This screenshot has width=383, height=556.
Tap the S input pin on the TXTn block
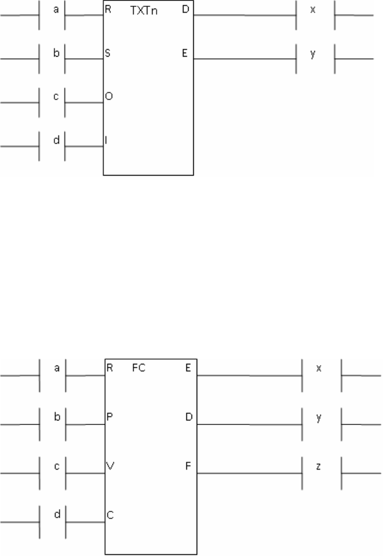[x=107, y=53]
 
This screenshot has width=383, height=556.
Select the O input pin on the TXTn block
[x=108, y=97]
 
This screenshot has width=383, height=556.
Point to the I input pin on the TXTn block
[x=106, y=140]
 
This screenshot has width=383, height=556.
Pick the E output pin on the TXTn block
[x=186, y=53]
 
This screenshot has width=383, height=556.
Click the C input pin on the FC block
[x=110, y=515]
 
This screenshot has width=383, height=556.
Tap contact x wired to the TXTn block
[x=314, y=14]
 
